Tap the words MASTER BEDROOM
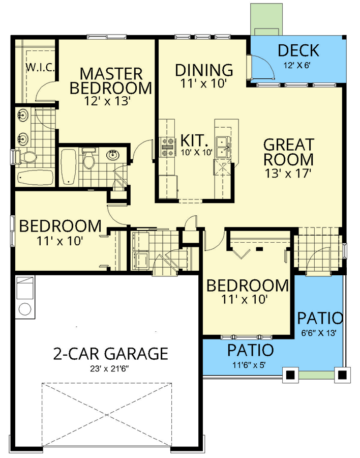(110, 80)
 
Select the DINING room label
(204, 70)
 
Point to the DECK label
(298, 51)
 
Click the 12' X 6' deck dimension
(298, 65)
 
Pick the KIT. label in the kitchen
(193, 140)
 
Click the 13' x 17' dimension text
(288, 173)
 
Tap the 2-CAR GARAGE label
(110, 353)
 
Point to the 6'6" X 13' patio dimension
(320, 334)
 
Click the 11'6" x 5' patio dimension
(250, 365)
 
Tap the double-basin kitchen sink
(223, 148)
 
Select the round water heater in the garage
(23, 308)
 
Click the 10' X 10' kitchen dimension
(193, 152)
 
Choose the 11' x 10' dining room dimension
(203, 83)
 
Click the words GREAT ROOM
(288, 152)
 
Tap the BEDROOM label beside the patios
(247, 285)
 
